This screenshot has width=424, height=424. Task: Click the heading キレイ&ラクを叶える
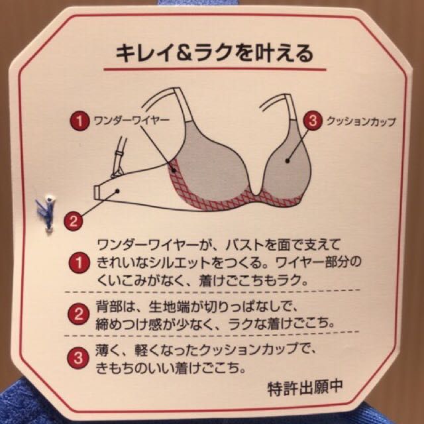coord(214,53)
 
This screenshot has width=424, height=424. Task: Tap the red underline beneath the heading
coord(215,70)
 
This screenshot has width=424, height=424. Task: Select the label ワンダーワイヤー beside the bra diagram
coord(131,121)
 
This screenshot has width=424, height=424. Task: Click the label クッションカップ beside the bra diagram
coord(361,121)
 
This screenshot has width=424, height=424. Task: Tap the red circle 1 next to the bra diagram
coord(79,121)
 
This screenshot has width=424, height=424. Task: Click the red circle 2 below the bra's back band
coord(73,221)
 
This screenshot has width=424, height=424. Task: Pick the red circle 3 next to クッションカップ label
coord(313,121)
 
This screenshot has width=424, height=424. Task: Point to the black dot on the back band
coord(117,191)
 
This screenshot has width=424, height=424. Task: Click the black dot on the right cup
coord(287,161)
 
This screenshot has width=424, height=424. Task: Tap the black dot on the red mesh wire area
coord(174,170)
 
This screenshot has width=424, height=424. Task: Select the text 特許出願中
coord(305,388)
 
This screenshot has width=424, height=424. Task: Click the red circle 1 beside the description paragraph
coord(79,263)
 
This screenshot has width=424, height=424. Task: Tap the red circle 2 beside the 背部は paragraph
coord(78,314)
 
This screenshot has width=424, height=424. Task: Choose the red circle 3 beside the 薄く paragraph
coord(78,358)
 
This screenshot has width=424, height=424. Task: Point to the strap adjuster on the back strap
coord(119,156)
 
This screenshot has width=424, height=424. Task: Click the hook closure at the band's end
coord(97,191)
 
